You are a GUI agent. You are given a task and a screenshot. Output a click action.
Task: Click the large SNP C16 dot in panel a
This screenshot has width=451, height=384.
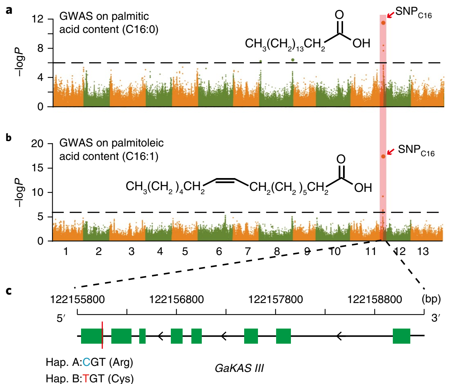[383, 23]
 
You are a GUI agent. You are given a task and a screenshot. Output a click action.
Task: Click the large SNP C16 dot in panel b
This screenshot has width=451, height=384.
[383, 156]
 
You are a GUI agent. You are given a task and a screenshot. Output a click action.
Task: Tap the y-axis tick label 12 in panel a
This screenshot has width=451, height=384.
[38, 19]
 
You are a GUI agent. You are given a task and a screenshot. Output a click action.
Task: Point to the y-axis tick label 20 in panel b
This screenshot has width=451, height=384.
[37, 143]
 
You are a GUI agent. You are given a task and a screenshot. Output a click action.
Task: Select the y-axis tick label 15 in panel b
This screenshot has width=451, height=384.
[37, 168]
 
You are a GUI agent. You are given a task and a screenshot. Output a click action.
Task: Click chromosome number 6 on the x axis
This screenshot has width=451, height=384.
[219, 252]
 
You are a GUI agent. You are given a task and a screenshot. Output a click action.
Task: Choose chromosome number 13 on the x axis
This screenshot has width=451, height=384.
[423, 252]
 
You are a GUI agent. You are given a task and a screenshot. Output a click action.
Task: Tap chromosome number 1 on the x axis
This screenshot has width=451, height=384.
[66, 252]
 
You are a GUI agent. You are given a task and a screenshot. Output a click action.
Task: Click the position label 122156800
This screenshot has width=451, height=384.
[176, 299]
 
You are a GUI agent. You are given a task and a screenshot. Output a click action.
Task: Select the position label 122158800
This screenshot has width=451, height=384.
[374, 299]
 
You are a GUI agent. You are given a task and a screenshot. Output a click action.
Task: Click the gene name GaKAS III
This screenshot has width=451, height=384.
[239, 368]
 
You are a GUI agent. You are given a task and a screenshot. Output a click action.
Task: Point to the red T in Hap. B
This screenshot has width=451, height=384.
[86, 379]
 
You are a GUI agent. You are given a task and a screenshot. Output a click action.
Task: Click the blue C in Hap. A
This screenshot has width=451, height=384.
[86, 362]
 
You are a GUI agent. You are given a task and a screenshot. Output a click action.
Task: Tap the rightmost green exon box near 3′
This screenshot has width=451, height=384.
[402, 336]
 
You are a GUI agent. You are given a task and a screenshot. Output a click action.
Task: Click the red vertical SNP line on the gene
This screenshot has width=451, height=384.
[102, 335]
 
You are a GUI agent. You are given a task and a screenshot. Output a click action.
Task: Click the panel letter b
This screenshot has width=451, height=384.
[8, 137]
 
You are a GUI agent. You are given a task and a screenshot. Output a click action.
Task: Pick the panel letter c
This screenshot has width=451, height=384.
[8, 291]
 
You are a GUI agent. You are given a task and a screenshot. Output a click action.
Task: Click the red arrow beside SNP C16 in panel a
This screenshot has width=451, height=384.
[390, 15]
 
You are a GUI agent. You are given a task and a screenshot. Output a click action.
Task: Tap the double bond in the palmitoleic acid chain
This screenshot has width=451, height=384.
[225, 181]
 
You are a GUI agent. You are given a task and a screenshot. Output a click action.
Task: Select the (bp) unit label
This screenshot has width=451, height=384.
[431, 299]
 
